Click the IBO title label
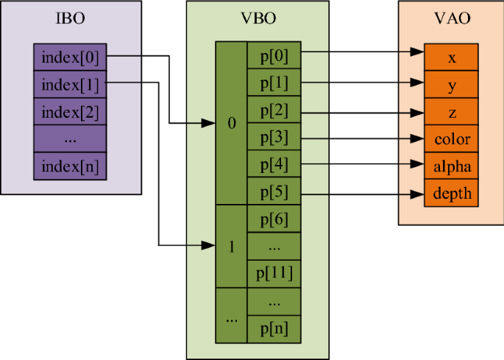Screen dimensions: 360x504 tap(70, 18)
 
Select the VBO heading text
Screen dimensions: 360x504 tap(258, 18)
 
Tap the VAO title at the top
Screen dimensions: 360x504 tap(451, 18)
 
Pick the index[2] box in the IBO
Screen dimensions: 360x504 tap(71, 112)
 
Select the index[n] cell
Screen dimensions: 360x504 tap(71, 166)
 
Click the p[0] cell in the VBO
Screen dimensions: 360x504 tap(274, 55)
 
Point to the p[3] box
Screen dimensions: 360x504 tap(274, 137)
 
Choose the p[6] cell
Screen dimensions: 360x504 tap(274, 219)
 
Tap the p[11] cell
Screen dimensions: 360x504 tap(274, 273)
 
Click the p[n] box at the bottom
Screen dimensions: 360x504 tap(274, 328)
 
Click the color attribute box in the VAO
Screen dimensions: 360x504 tap(452, 139)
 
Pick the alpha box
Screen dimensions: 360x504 tap(452, 166)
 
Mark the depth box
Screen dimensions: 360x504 tap(452, 194)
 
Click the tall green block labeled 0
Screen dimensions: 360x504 tap(232, 124)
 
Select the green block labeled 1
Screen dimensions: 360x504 tap(232, 247)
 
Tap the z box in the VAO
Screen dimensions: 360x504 tap(452, 112)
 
